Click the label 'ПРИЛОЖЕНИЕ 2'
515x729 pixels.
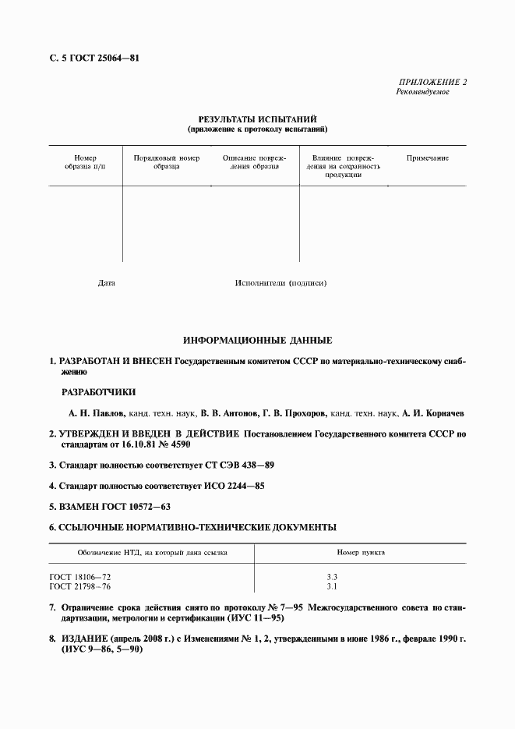432,82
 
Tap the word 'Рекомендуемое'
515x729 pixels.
423,92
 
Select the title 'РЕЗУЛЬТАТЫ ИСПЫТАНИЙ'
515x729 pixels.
257,119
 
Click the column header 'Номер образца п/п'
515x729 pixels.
85,162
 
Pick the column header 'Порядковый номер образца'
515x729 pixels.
167,162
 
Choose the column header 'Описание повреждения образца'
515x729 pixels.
255,162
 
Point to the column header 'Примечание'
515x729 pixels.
427,158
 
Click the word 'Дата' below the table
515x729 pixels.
107,283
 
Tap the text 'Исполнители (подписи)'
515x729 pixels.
280,283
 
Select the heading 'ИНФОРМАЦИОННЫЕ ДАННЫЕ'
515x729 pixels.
257,341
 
